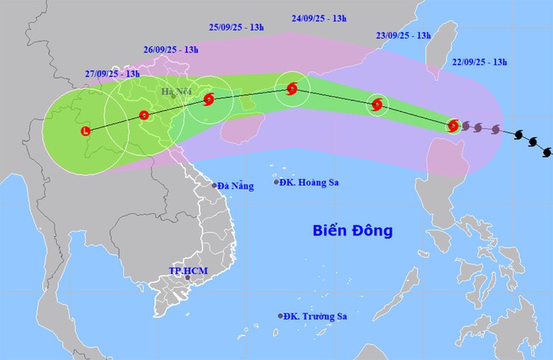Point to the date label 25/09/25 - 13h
point(237,28)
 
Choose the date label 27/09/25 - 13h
point(112,74)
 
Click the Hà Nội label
point(176,93)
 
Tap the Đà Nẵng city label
point(236,186)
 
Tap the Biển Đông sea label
point(353,230)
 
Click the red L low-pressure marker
point(85,132)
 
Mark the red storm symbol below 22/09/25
point(453,125)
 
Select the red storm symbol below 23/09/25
point(376,105)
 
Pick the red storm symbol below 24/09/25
point(292,89)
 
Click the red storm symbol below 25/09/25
point(209,98)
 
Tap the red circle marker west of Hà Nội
point(144,115)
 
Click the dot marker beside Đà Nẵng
point(214,186)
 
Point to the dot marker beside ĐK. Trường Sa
point(280,316)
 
